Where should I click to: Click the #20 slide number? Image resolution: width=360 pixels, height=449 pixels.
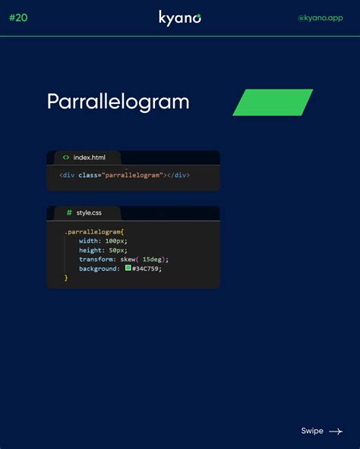18,17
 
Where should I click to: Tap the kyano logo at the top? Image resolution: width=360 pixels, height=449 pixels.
180,18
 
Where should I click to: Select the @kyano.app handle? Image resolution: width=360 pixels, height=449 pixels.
321,17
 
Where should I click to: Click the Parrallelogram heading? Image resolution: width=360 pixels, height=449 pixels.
118,102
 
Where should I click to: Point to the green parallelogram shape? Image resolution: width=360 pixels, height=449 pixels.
273,102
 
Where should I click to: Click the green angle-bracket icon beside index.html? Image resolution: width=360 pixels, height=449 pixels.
66,157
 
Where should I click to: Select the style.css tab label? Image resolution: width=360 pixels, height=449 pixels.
89,213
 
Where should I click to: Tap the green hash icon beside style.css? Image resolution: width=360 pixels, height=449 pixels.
69,212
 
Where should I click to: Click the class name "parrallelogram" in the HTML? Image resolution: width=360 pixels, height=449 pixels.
132,175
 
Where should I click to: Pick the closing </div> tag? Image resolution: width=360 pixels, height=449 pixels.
178,175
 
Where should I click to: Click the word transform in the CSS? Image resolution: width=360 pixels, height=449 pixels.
96,259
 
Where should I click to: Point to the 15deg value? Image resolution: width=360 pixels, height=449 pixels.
152,259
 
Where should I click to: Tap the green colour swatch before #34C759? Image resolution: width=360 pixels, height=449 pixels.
128,268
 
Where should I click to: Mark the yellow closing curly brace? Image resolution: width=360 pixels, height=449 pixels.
66,278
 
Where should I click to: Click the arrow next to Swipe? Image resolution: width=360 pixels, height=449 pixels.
336,432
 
